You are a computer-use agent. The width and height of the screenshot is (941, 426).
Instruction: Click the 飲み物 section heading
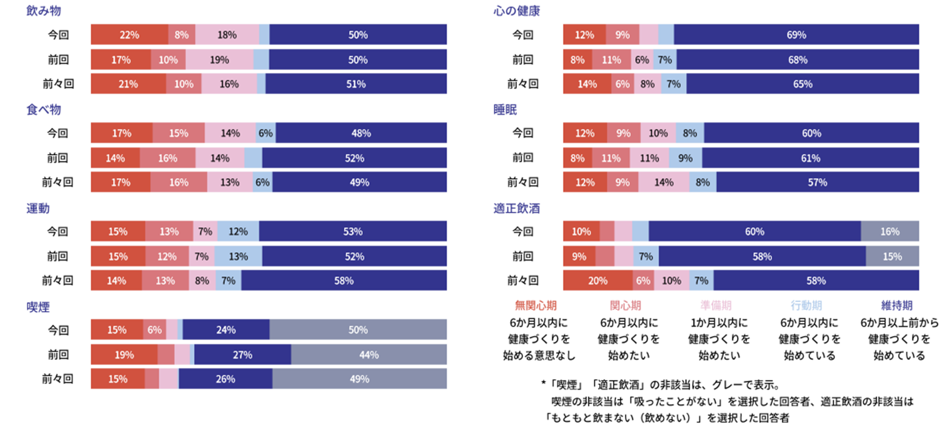(x=44, y=11)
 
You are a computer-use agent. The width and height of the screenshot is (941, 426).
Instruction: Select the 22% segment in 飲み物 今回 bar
(x=129, y=35)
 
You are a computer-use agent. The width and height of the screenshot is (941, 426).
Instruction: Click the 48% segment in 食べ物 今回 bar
(x=361, y=133)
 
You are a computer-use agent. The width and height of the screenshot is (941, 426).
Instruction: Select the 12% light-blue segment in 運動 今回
(x=238, y=231)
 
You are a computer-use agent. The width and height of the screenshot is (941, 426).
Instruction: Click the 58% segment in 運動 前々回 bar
(x=344, y=281)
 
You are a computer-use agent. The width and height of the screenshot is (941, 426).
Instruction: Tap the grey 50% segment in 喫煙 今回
(x=358, y=330)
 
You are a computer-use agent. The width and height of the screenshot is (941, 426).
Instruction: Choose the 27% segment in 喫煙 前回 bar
(x=243, y=355)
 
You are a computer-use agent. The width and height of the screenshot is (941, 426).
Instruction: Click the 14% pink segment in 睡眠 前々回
(x=664, y=182)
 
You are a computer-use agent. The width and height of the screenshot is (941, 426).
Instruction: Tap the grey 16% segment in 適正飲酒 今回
(x=890, y=231)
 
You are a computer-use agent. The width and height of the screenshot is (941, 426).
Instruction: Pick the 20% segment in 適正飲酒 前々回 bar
(x=598, y=281)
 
